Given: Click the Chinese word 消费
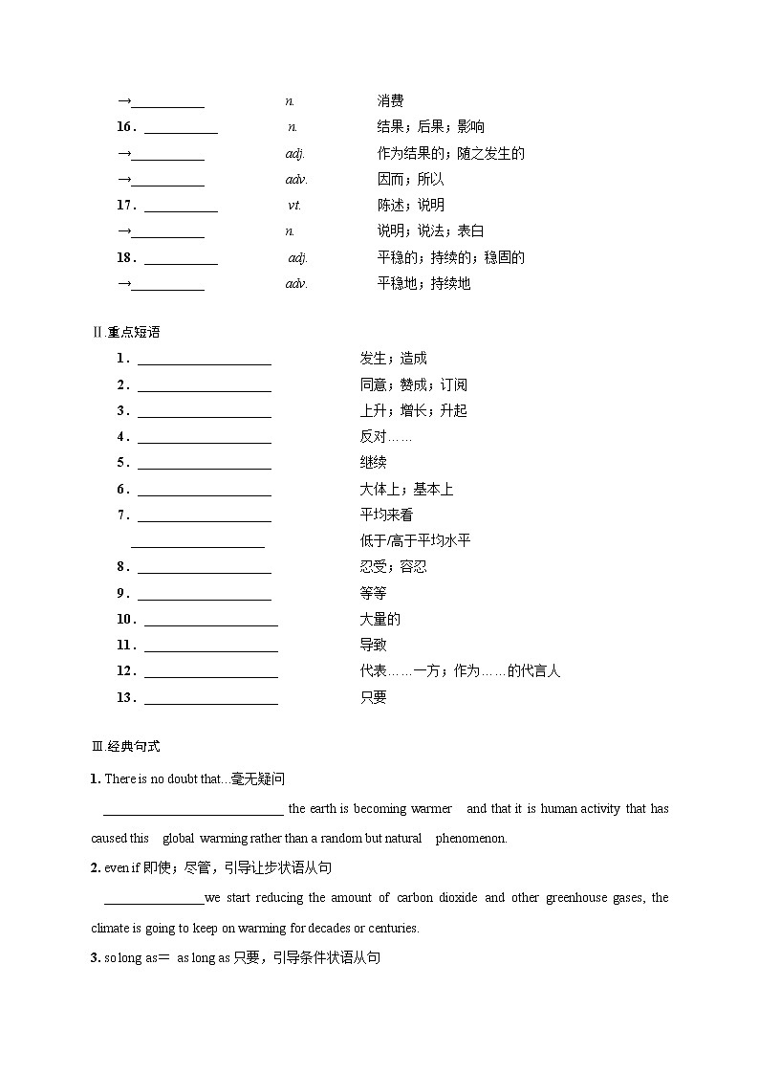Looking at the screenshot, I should click(390, 100).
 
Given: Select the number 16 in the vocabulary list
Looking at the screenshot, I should click(124, 127).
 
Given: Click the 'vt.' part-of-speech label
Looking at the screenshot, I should click(294, 205).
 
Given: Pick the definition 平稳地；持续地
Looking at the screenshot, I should click(423, 283).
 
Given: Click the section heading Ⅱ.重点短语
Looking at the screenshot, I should click(125, 332).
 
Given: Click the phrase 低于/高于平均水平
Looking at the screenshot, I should click(415, 540).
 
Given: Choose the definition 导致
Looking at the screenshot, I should click(373, 645).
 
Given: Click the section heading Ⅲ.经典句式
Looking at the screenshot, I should click(125, 746).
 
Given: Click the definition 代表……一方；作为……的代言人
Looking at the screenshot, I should click(460, 670).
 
